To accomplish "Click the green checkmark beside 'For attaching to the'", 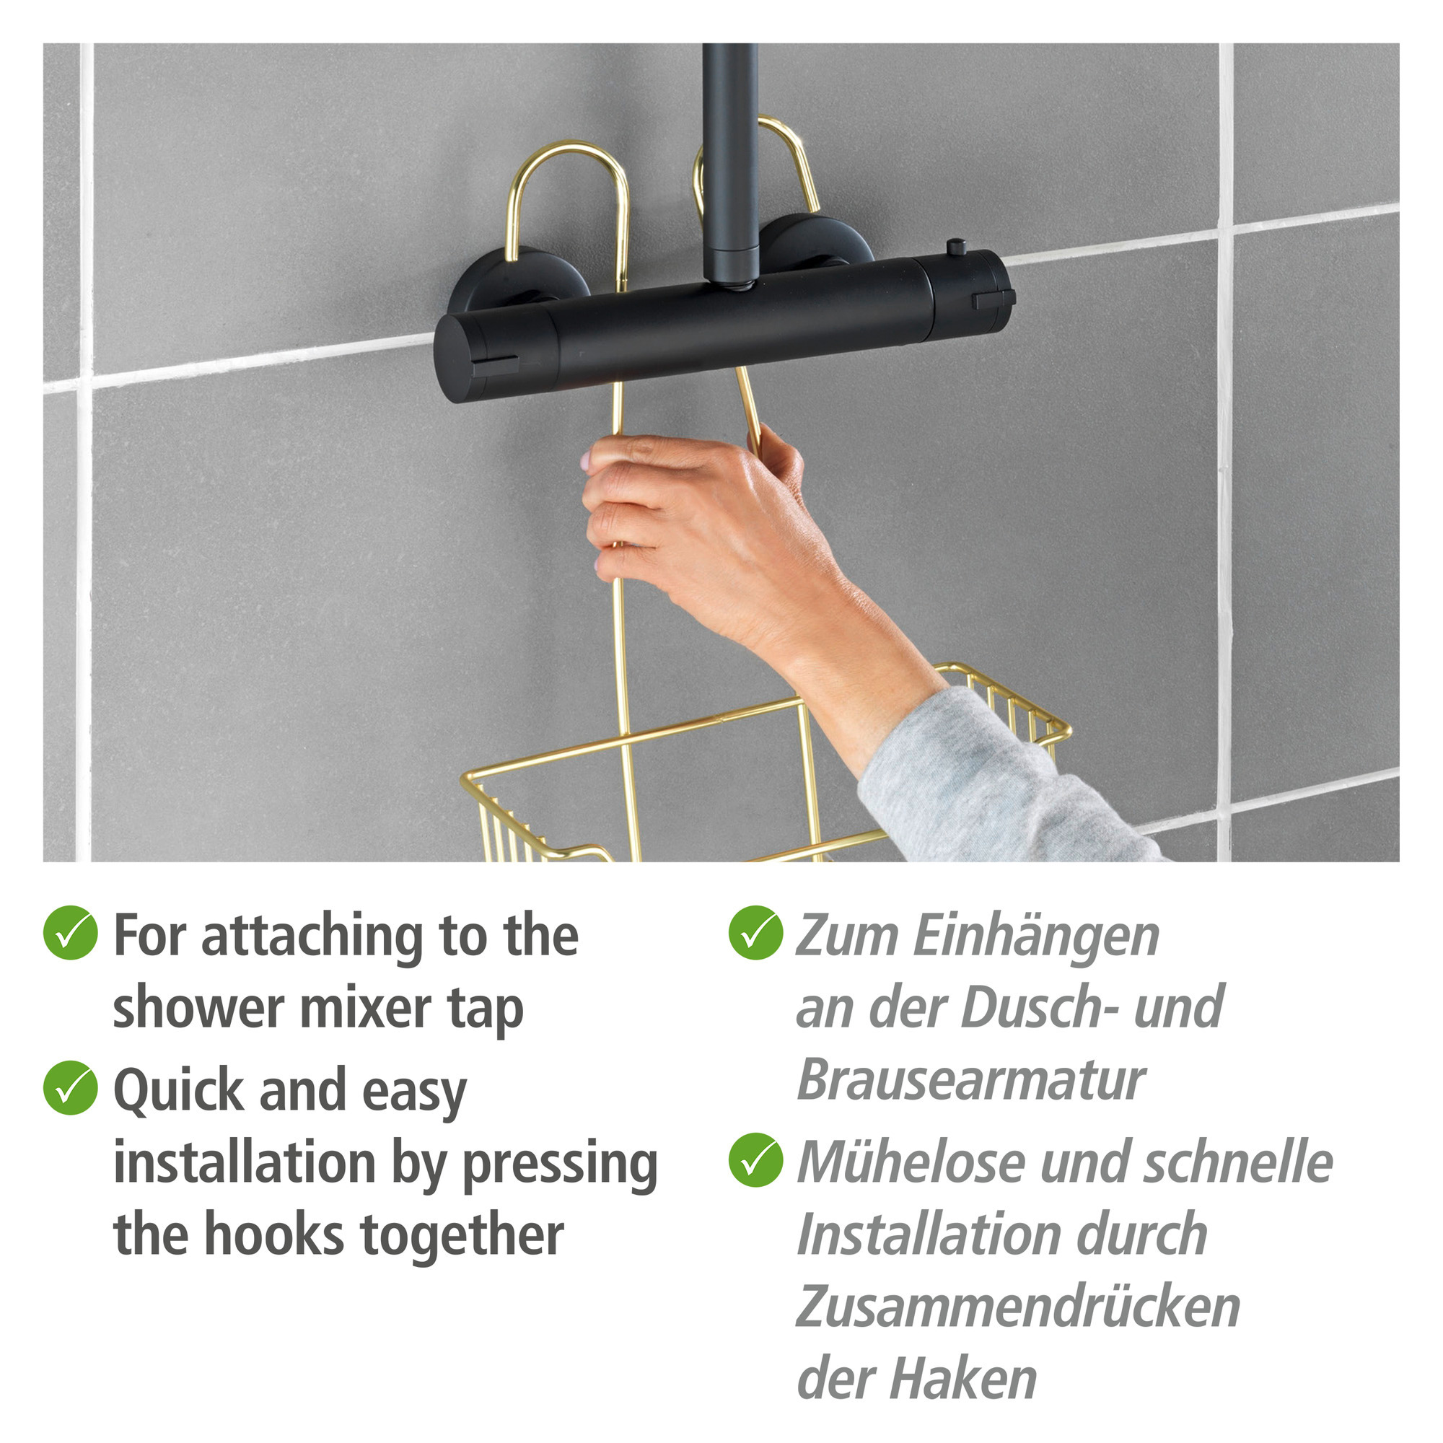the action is coord(70,932).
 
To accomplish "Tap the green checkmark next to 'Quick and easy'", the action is coord(70,1087).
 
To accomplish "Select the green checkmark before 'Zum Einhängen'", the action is coord(756,932).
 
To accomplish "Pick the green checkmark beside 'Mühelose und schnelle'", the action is coord(756,1160).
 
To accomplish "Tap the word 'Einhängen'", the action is coord(1036,937).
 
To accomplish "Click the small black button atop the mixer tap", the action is coord(956,247).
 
